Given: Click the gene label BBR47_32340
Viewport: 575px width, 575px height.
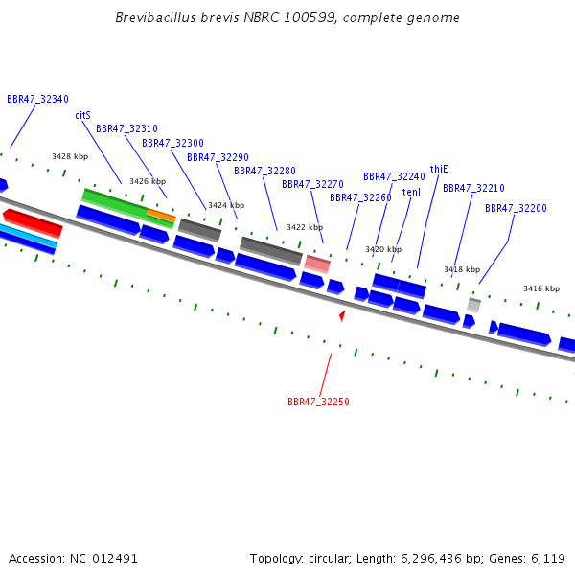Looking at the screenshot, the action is click(x=37, y=99).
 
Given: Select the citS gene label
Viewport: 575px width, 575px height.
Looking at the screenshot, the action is click(x=82, y=116).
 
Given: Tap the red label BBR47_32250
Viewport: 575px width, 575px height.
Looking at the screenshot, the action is click(x=318, y=402).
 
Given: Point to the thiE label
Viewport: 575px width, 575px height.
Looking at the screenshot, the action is click(x=439, y=169).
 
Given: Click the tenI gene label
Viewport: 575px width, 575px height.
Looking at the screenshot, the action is click(x=411, y=193).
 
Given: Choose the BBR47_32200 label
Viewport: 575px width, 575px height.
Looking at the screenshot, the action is click(x=516, y=208).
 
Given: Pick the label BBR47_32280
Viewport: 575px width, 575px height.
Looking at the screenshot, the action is click(x=264, y=171).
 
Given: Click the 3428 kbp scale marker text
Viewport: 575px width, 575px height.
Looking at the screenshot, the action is click(x=70, y=156).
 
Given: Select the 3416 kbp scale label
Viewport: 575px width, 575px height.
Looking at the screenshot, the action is click(x=541, y=289).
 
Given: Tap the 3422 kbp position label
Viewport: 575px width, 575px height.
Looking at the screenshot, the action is click(x=305, y=227).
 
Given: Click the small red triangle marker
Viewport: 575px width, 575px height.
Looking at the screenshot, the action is click(x=342, y=315).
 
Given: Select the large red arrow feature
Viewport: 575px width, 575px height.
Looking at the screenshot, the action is click(x=33, y=222).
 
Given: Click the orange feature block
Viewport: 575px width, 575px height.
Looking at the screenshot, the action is click(x=161, y=216).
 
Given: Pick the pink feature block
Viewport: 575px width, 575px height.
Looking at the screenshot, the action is click(x=317, y=264).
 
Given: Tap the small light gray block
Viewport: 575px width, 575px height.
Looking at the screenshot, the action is click(x=473, y=306).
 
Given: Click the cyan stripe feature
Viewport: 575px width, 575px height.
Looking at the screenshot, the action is click(x=28, y=236).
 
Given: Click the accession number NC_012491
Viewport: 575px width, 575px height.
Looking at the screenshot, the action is click(x=103, y=559).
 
